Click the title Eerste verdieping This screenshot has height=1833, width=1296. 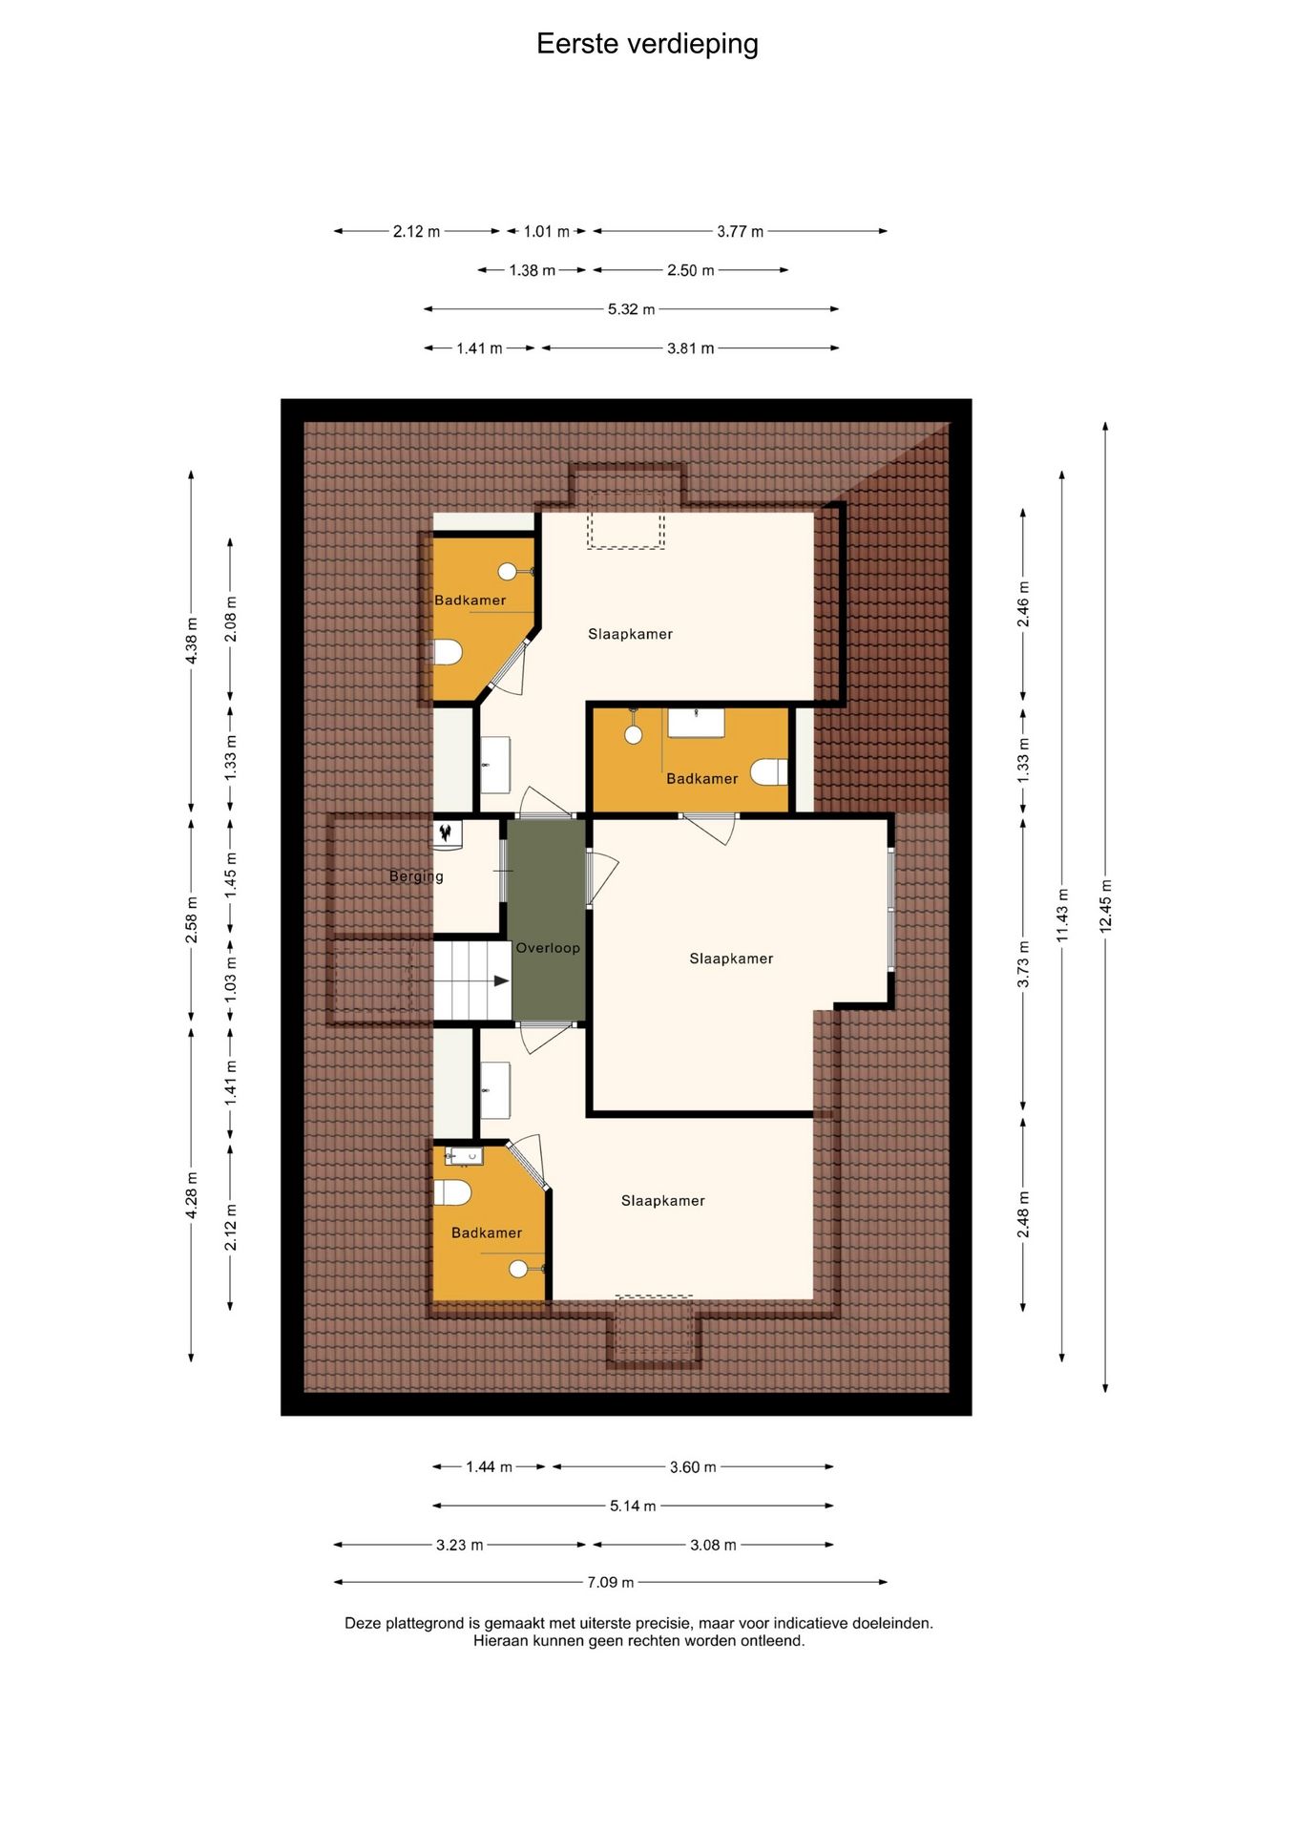[647, 44]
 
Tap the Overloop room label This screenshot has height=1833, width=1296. [548, 948]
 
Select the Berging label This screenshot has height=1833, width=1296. [416, 876]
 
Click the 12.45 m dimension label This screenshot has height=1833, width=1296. [1105, 905]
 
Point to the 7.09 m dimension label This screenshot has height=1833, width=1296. [611, 1582]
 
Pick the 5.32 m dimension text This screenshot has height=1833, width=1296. [632, 309]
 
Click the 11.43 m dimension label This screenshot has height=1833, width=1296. [1062, 915]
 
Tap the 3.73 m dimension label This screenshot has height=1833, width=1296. [1023, 964]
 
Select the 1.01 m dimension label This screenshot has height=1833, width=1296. [547, 231]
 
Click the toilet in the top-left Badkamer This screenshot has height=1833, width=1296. [448, 653]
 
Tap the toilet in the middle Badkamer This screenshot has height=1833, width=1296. [769, 771]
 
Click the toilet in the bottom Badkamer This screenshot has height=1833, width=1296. [452, 1192]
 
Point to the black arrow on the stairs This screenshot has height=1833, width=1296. [501, 980]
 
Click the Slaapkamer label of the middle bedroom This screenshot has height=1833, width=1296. [731, 959]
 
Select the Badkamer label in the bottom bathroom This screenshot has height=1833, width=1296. [487, 1233]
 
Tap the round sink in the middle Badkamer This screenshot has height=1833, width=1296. [633, 735]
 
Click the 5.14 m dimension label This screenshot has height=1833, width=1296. [633, 1506]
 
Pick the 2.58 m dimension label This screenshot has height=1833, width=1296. [191, 920]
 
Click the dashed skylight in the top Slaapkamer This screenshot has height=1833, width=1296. [625, 520]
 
